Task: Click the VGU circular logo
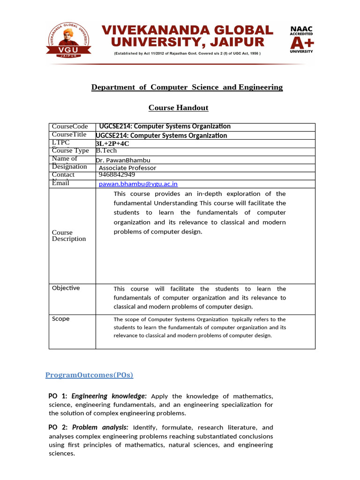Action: [69, 39]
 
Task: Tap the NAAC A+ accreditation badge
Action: [301, 40]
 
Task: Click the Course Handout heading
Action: [178, 108]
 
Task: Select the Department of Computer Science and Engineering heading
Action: [187, 87]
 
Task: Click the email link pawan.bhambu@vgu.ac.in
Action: [138, 184]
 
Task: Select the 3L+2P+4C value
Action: [112, 143]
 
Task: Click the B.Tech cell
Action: [106, 150]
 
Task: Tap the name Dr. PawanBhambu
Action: [123, 160]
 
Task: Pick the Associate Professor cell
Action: [127, 168]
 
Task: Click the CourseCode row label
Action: [70, 127]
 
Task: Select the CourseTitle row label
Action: [69, 135]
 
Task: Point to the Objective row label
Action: [66, 288]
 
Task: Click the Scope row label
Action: [60, 319]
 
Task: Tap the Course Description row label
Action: [68, 235]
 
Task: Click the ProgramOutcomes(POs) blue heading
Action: [89, 375]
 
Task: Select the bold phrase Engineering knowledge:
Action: [109, 396]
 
